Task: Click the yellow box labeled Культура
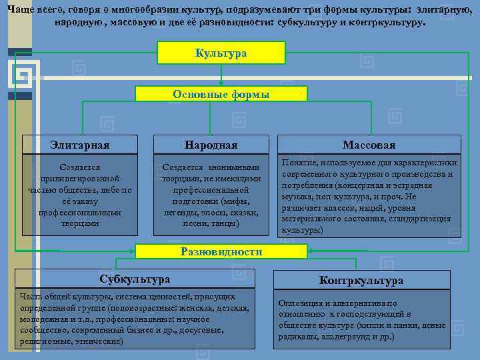coord(221,53)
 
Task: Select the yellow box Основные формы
coord(221,94)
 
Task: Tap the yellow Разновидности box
coord(221,251)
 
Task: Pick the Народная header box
coord(211,145)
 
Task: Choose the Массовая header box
coord(369,145)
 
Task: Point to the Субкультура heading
coord(135,279)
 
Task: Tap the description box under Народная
coord(211,195)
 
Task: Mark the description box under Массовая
coord(369,195)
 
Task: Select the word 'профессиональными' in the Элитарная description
coord(79,213)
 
